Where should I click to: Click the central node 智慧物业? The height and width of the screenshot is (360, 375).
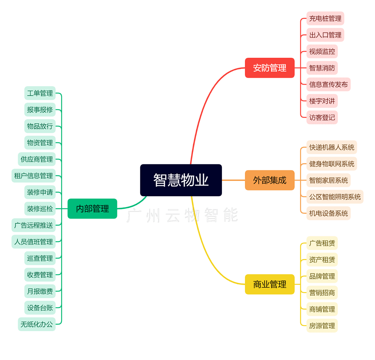181,180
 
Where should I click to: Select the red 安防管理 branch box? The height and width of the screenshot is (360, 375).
270,68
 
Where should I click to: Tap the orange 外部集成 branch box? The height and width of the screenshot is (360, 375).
270,180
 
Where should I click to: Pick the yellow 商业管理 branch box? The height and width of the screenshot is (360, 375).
270,284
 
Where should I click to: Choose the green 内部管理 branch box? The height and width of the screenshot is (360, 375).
92,209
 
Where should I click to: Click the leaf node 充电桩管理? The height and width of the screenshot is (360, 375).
325,18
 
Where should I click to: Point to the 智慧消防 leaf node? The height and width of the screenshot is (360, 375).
322,68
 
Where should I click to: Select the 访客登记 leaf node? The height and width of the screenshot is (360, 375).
322,117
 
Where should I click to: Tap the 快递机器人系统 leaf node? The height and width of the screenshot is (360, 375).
331,147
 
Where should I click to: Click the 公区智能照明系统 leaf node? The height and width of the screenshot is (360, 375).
335,197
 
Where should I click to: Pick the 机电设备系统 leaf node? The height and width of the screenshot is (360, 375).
328,213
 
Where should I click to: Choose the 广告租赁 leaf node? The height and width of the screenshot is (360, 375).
322,243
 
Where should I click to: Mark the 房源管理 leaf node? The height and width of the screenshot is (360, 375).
322,326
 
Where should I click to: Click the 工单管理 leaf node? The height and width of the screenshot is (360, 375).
40,93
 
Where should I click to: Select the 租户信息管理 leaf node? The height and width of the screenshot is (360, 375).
33,176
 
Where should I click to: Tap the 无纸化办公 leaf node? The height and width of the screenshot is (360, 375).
37,324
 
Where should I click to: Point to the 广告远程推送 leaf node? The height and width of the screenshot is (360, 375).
33,225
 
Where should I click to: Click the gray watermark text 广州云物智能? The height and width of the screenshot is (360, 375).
182,216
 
